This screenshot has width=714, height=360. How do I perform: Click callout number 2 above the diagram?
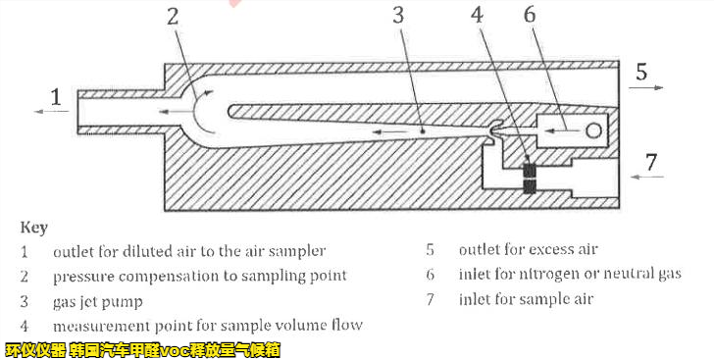tap(173, 17)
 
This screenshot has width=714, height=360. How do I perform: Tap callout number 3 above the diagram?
tap(398, 16)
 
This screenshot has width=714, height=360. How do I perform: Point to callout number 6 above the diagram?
tap(530, 15)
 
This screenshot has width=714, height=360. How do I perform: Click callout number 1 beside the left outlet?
tap(56, 97)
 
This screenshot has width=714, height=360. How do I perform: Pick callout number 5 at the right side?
tap(641, 72)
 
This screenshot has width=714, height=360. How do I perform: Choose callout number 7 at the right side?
tap(651, 162)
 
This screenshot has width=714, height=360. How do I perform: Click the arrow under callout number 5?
tap(646, 87)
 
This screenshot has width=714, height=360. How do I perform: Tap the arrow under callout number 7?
tap(647, 177)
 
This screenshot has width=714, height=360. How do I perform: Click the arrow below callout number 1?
tap(51, 111)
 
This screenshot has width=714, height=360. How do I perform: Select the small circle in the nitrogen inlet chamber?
tap(593, 131)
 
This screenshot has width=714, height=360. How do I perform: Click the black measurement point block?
tap(530, 178)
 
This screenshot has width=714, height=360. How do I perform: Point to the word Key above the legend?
tap(33, 228)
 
